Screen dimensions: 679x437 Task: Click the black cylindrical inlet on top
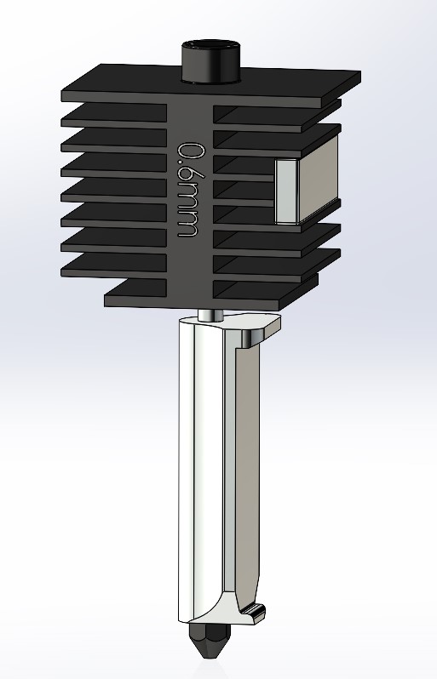[210, 66]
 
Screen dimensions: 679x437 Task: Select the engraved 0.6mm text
[189, 190]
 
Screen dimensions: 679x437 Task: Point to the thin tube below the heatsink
[210, 314]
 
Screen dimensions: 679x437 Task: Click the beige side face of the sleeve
[247, 468]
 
